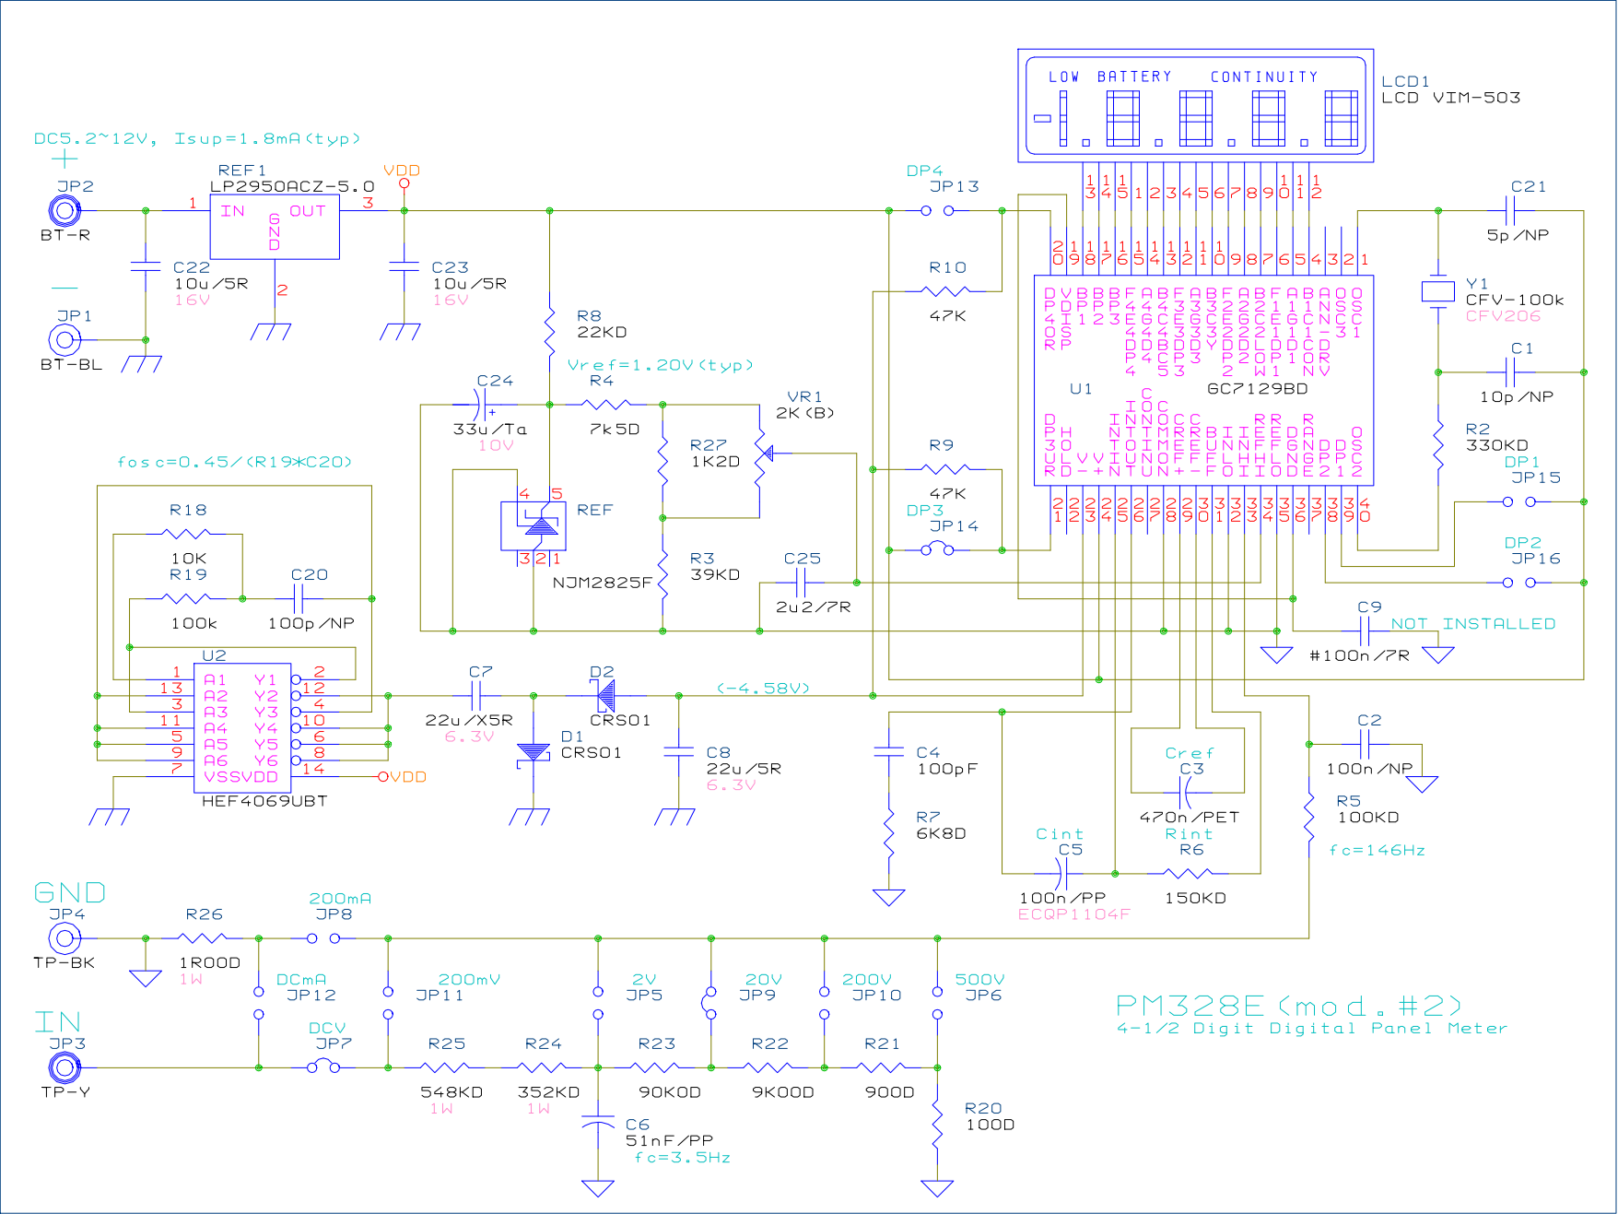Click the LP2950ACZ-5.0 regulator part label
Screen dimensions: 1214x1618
click(x=292, y=187)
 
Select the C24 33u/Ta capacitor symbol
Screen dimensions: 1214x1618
click(x=479, y=405)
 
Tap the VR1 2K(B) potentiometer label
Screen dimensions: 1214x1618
click(x=804, y=405)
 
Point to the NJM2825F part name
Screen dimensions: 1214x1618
click(x=602, y=583)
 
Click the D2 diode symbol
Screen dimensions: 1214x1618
click(x=604, y=695)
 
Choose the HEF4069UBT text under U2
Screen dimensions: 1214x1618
click(x=264, y=801)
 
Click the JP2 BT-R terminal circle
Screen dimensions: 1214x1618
click(x=64, y=211)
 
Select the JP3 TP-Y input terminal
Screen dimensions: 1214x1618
click(x=64, y=1068)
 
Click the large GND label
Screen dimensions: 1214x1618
click(x=69, y=892)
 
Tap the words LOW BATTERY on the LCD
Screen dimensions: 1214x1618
click(x=1109, y=77)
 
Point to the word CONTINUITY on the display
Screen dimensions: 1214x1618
click(x=1263, y=77)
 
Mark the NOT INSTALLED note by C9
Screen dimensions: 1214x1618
click(x=1472, y=624)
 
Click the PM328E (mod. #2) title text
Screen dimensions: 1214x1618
click(x=1288, y=1006)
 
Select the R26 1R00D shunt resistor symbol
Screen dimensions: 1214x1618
click(x=203, y=938)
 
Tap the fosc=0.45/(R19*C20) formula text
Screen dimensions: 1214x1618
click(x=234, y=462)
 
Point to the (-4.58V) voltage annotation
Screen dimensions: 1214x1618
click(x=763, y=688)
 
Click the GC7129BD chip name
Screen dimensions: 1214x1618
click(x=1257, y=389)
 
